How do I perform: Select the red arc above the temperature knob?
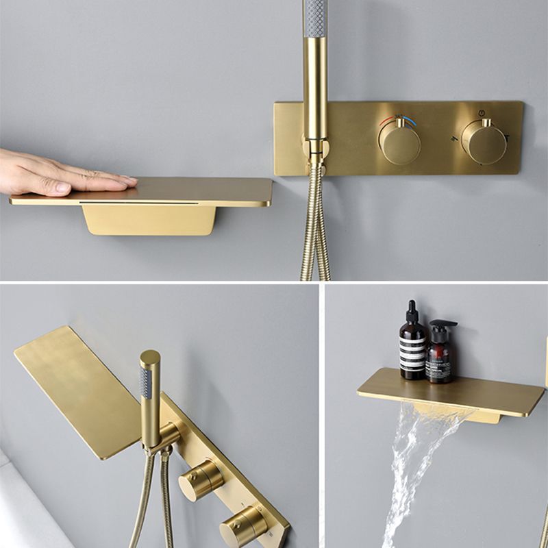pos(388,121)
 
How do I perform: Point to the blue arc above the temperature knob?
pos(410,121)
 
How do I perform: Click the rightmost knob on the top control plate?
pos(484,142)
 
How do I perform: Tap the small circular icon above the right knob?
pos(482,112)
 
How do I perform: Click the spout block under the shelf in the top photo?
pos(149,219)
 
